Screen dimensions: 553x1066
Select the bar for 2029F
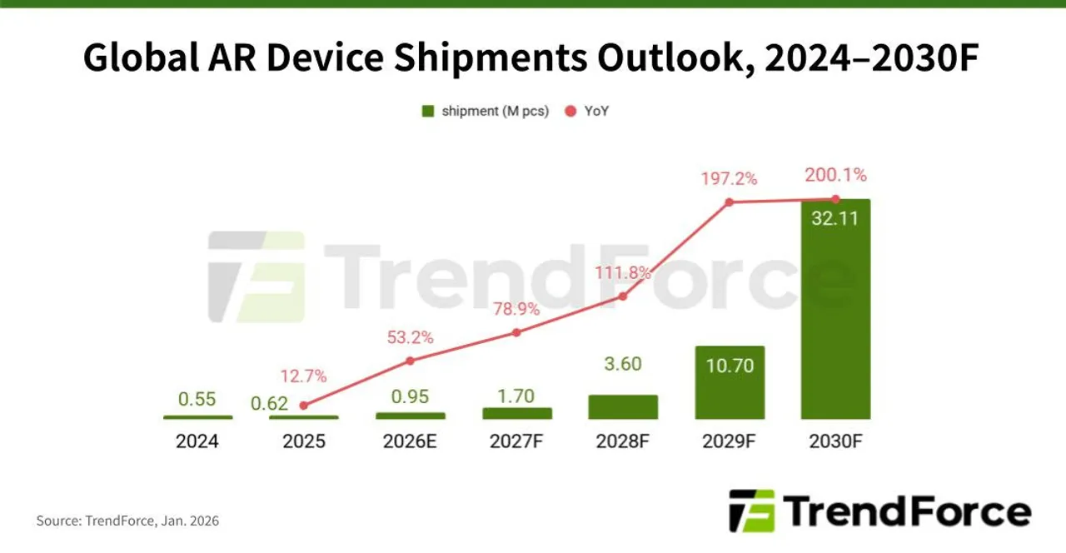[729, 382]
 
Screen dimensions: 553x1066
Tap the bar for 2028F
[623, 406]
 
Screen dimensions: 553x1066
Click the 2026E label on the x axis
[410, 441]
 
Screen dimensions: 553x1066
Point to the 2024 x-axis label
[197, 441]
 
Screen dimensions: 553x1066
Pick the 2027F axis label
[516, 441]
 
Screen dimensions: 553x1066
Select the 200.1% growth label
[835, 175]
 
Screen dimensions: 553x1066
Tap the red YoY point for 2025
[303, 406]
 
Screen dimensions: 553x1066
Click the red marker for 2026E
[410, 361]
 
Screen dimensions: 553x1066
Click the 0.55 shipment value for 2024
[197, 398]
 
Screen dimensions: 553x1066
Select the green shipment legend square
[428, 111]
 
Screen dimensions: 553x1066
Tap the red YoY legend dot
[571, 111]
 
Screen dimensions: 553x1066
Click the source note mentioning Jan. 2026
[127, 521]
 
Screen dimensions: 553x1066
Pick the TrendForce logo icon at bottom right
[751, 511]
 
